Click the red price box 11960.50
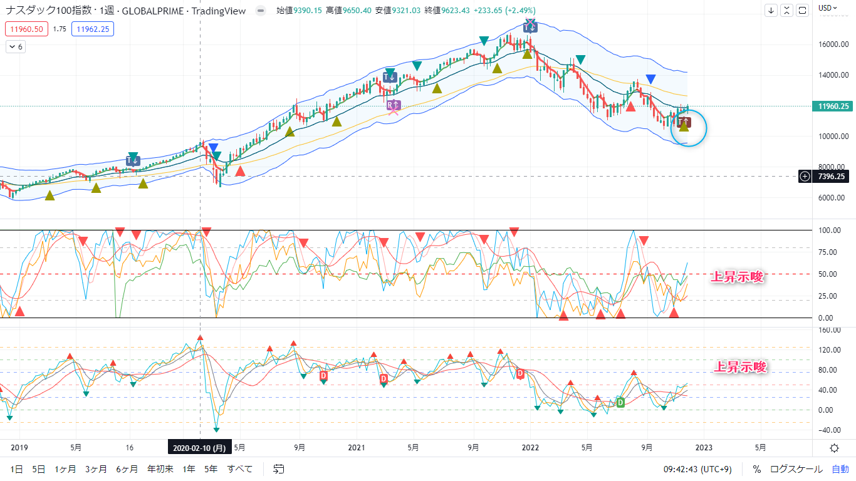tap(26, 29)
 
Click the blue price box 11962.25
tap(92, 29)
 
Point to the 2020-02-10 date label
tap(199, 448)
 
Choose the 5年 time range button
tap(211, 469)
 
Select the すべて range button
tap(239, 469)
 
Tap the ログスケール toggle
tap(796, 469)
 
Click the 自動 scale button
tap(840, 469)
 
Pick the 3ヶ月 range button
tap(96, 469)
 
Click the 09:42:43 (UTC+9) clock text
tap(700, 469)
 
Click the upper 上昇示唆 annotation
tap(738, 277)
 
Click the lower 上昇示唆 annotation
tap(741, 368)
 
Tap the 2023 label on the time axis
tap(703, 448)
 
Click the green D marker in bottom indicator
tap(620, 402)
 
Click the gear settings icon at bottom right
tap(834, 448)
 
